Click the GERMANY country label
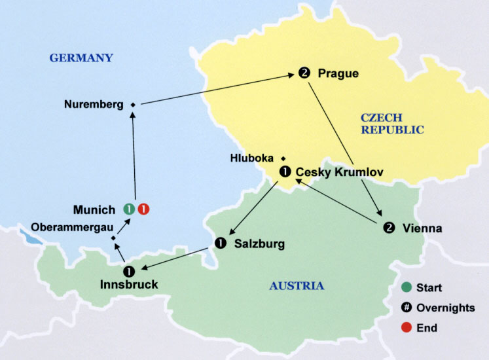81,58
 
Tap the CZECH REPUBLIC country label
392,124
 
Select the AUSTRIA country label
296,286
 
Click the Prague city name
338,73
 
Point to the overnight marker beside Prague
304,73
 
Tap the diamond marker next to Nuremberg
132,105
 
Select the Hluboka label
253,158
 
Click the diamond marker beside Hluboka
283,158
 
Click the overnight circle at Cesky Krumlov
285,172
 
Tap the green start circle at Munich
130,209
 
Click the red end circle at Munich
143,209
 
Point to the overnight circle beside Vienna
389,228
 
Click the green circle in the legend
408,287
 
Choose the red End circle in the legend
408,327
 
